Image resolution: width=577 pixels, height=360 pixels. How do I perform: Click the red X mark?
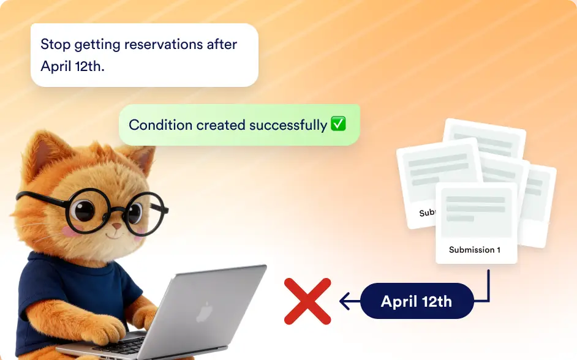pyautogui.click(x=307, y=301)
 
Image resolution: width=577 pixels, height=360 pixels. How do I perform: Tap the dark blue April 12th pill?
pyautogui.click(x=417, y=301)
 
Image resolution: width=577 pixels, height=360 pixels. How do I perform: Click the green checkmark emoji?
pyautogui.click(x=339, y=124)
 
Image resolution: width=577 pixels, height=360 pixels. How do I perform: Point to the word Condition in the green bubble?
pyautogui.click(x=160, y=126)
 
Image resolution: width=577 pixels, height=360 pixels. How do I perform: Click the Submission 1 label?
pyautogui.click(x=475, y=250)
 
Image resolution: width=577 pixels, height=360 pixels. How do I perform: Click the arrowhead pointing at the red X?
pyautogui.click(x=344, y=301)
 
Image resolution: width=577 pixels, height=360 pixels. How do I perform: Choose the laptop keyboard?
pyautogui.click(x=129, y=347)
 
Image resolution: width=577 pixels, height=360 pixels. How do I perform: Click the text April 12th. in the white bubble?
pyautogui.click(x=72, y=66)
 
